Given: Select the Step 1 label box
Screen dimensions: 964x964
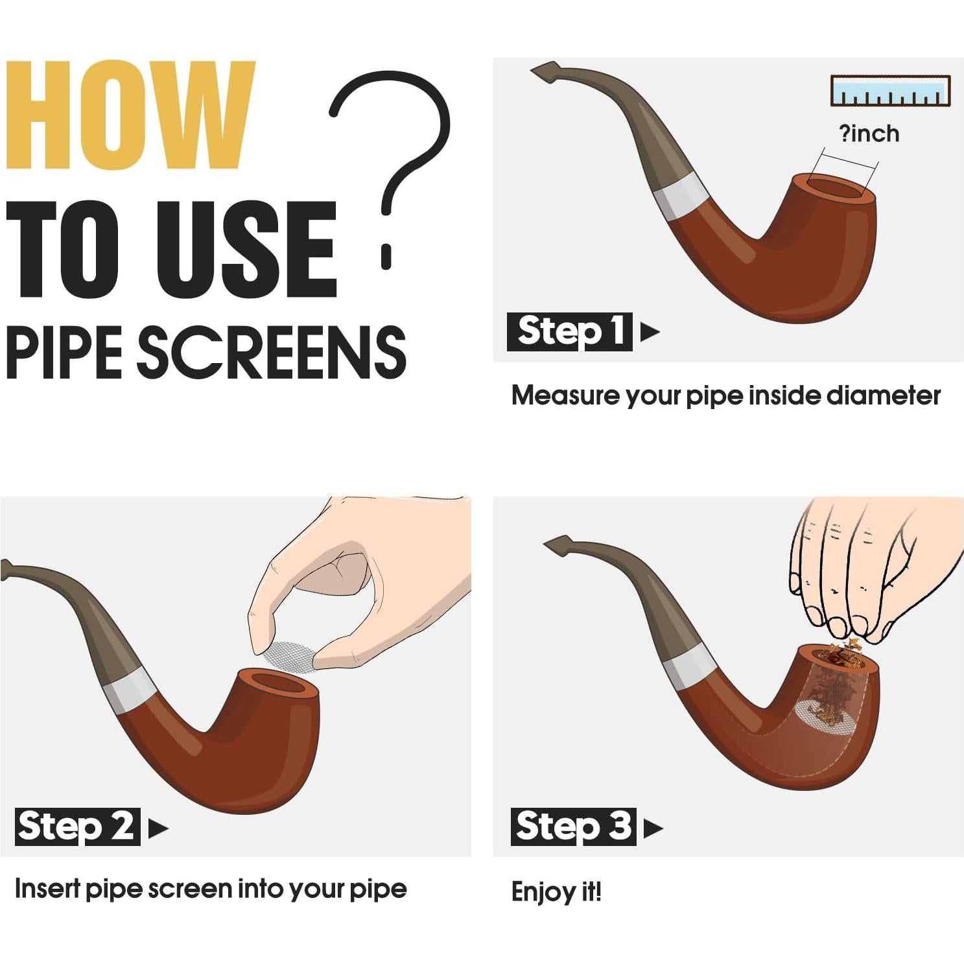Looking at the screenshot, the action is point(569,332).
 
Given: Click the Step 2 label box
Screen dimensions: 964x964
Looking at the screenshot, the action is point(77,827).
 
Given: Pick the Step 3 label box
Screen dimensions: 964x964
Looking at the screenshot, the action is point(574,827).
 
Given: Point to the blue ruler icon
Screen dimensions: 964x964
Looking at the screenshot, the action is point(890,91).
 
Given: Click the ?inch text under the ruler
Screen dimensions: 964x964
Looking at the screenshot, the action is point(869,134).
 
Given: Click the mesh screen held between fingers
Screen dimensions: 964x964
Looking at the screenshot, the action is point(290,656).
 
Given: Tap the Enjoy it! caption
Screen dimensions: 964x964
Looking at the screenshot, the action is point(556,892).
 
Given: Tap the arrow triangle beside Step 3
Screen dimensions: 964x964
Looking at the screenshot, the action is point(653,828).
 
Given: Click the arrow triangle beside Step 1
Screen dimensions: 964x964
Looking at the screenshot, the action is point(650,332).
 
